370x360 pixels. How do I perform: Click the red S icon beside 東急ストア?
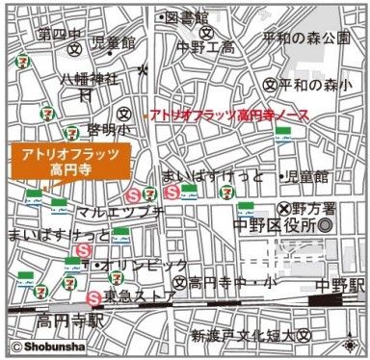click(x=94, y=296)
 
